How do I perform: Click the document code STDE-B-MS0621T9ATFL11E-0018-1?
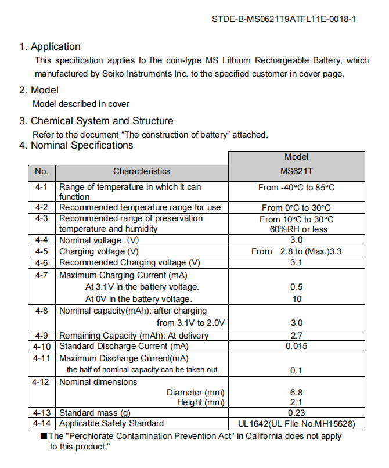tap(284, 19)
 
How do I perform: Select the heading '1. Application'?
tap(50, 47)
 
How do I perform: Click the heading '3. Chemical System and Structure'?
tap(96, 121)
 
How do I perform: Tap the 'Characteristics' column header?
tap(142, 171)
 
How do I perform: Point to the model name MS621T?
tap(296, 171)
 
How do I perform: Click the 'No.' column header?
tap(41, 171)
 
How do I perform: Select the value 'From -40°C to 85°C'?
tap(296, 188)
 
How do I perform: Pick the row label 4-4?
tap(41, 240)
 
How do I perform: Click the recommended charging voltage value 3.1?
tap(296, 262)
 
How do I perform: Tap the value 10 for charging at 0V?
tap(296, 299)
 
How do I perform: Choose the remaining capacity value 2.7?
tap(296, 336)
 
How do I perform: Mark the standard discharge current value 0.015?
tap(296, 346)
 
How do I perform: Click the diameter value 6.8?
tap(296, 393)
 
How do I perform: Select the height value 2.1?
tap(296, 402)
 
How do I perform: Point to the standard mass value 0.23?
tap(296, 413)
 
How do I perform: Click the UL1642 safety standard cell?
tap(296, 424)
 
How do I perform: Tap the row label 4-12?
tap(41, 382)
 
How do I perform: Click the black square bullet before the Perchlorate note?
tap(44, 436)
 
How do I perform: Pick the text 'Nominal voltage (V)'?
tap(99, 240)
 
